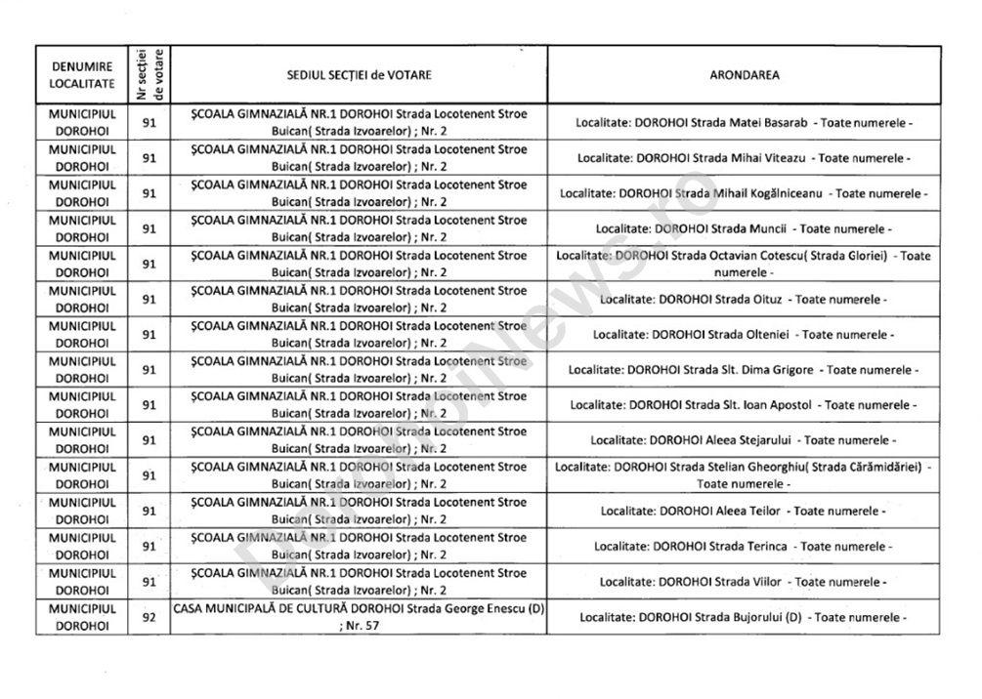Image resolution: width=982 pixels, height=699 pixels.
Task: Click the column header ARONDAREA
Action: tap(744, 75)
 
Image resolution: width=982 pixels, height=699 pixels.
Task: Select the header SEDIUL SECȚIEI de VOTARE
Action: tap(359, 75)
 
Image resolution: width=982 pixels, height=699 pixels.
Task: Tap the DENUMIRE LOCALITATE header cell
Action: tap(82, 75)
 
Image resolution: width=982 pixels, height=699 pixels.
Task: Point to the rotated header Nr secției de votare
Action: tap(149, 75)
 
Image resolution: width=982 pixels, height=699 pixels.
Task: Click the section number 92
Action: tap(149, 617)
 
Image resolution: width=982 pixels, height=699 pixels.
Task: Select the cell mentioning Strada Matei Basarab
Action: tap(744, 123)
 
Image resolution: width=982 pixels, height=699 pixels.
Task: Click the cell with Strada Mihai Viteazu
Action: tap(744, 158)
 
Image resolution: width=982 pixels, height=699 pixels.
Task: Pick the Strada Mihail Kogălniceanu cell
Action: tap(744, 193)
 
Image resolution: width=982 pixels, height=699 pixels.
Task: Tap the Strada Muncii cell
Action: tap(744, 229)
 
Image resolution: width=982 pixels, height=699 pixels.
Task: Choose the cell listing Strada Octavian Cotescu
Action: tap(744, 264)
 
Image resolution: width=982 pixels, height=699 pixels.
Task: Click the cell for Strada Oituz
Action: tap(744, 300)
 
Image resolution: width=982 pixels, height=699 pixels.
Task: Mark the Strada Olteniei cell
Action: tap(744, 335)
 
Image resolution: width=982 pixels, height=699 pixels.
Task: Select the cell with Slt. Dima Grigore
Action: tap(744, 370)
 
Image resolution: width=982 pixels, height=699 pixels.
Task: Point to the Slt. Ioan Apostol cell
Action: tap(744, 405)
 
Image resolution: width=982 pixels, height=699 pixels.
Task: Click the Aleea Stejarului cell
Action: tap(744, 440)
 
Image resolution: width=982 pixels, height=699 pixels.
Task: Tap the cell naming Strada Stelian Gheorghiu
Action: tap(744, 475)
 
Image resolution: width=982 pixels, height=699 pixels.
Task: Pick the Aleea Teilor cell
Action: tap(744, 511)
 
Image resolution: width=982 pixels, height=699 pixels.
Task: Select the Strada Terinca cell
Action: tap(744, 546)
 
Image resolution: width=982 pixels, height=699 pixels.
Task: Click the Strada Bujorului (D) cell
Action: tap(744, 617)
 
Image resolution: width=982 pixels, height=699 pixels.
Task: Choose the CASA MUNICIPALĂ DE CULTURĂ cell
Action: tap(359, 617)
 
